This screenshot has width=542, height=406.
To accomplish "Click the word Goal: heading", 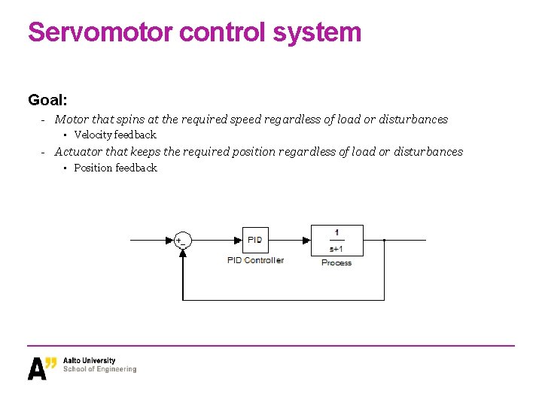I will [47, 99].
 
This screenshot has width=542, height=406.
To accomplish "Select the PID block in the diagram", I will [255, 240].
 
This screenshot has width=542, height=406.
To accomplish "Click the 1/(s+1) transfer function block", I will [336, 240].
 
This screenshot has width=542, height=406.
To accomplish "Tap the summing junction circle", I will [181, 241].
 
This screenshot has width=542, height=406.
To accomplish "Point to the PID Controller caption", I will [255, 260].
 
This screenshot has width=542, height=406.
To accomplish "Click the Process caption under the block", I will [336, 262].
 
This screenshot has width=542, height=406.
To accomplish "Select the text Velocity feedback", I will [114, 135].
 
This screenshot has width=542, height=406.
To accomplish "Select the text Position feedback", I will [115, 168].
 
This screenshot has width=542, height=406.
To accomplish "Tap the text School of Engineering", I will [100, 369].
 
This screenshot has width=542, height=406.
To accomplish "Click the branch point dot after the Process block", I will [384, 241].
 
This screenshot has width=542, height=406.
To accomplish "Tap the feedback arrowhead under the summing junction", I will [182, 253].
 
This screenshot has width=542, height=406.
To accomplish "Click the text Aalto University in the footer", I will [90, 361].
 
